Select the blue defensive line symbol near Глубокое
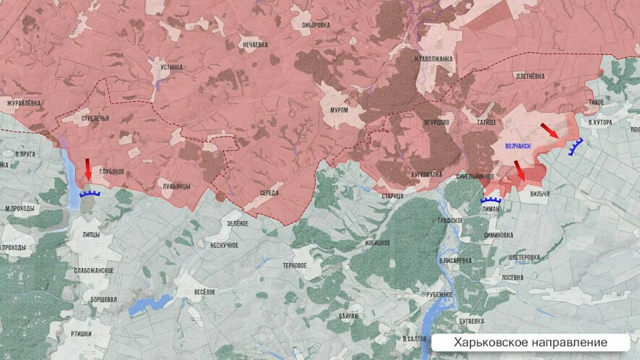90,193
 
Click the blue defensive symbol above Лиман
491,200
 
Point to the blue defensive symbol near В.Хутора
576,147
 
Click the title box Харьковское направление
531,342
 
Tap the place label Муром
339,110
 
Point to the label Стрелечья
95,117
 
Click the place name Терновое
295,265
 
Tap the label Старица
393,196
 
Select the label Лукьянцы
176,186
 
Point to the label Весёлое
204,291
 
